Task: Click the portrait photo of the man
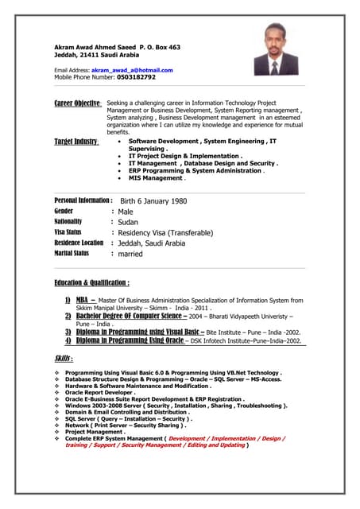(276, 49)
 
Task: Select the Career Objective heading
(77, 104)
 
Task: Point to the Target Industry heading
(75, 142)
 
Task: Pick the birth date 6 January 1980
(153, 201)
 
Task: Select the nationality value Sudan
(128, 223)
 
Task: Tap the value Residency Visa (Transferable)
(165, 233)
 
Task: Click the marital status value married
(130, 254)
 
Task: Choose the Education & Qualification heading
(91, 282)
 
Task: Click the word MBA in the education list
(81, 301)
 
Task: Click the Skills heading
(64, 359)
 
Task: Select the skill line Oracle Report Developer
(100, 392)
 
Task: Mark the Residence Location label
(79, 243)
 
